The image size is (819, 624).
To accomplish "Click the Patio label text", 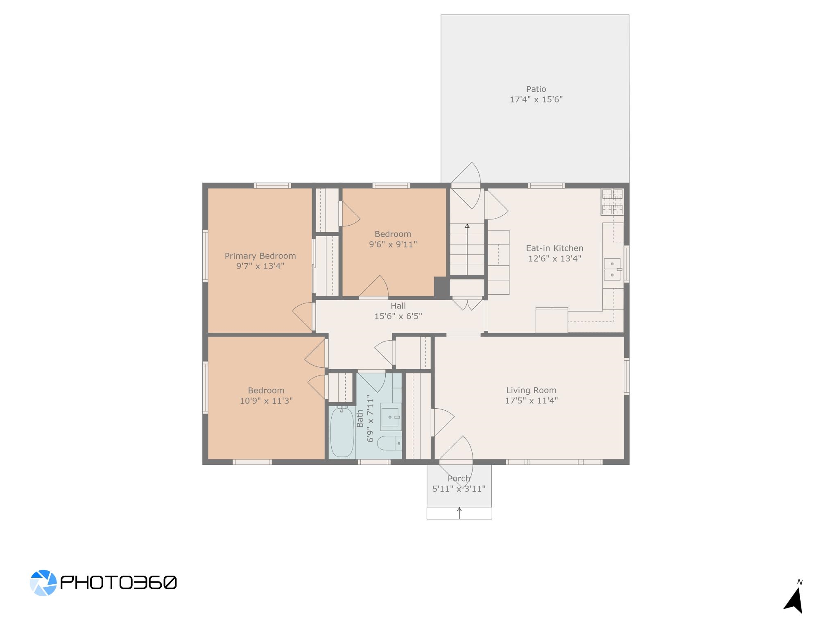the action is pos(536,89).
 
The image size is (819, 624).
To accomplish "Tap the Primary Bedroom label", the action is pos(260,256).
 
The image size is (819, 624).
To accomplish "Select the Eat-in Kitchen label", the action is pos(554,248).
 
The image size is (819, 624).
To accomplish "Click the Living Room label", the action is pos(531,391).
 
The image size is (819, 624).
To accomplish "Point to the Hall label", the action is pos(398,306).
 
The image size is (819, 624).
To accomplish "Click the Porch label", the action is pos(459,478).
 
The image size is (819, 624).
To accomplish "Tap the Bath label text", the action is pos(360,418).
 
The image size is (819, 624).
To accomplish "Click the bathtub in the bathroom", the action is pos(342,432).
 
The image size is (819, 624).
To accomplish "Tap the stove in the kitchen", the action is pos(612,201).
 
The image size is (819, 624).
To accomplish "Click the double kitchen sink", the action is pos(612,269).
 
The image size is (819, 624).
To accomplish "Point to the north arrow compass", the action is pos(794,600).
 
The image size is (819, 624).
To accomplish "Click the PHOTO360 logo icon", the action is pos(43,582).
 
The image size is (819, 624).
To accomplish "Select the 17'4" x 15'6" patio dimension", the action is pos(536,99).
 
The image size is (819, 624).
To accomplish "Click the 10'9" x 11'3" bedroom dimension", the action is pos(266,401).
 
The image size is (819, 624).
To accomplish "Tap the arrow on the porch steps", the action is pos(459,513).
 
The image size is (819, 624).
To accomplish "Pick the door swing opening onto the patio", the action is pos(466,185).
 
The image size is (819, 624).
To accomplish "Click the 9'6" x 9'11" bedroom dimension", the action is pos(393,244).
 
